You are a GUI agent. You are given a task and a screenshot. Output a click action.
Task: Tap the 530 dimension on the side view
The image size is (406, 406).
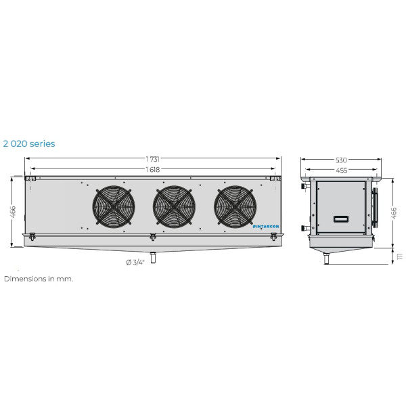tap(342, 160)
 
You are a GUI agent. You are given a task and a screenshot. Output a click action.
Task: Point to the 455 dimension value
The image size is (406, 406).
tap(342, 171)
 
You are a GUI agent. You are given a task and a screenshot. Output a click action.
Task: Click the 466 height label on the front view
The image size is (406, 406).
tap(14, 212)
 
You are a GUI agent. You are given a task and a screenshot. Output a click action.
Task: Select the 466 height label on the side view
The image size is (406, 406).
tap(394, 212)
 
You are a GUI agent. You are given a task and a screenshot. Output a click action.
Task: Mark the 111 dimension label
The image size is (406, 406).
tap(399, 256)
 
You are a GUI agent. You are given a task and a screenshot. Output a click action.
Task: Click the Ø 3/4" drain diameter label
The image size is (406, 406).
tap(135, 263)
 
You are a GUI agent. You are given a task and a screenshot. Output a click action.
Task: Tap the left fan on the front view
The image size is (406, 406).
tap(113, 206)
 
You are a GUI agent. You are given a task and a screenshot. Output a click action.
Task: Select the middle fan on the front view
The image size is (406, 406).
tap(175, 206)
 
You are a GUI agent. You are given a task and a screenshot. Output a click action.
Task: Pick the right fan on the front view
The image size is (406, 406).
tap(235, 206)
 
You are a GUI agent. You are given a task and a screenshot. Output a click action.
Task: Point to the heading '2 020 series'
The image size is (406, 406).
tap(29, 143)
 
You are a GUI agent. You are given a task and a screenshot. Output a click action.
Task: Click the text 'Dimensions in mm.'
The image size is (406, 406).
tap(39, 278)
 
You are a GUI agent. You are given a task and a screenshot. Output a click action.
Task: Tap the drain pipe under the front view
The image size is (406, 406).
tap(154, 257)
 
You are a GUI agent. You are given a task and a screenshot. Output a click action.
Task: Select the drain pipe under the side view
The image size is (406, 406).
tap(327, 258)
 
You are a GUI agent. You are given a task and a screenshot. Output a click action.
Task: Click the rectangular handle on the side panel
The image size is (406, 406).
tap(342, 219)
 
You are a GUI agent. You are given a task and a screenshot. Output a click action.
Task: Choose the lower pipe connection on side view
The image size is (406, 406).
tap(306, 228)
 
